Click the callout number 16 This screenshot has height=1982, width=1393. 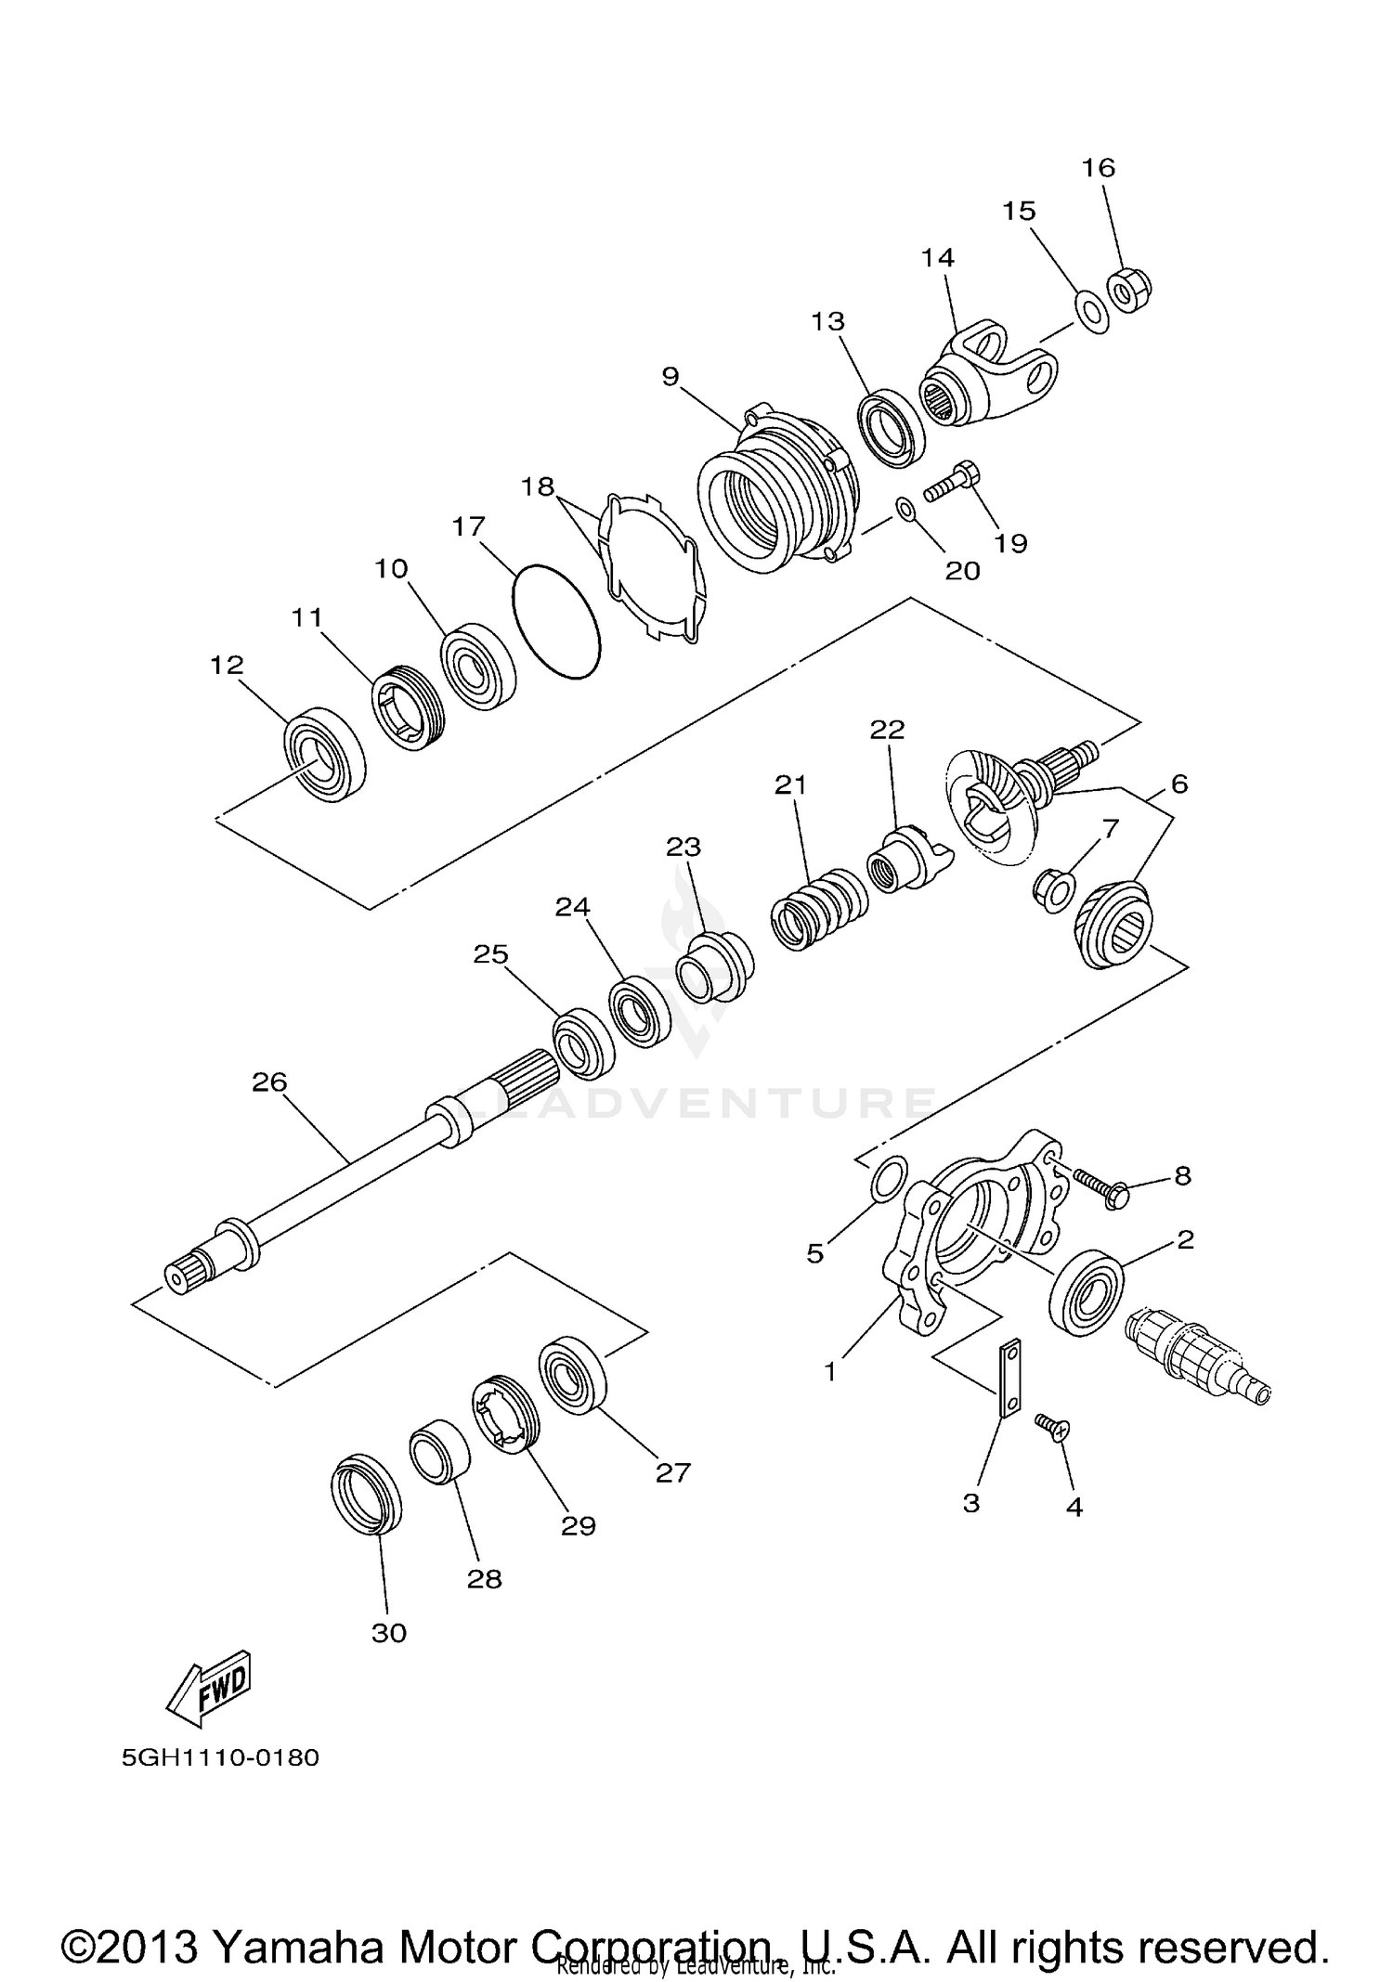point(1098,168)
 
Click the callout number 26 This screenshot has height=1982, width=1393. point(269,1082)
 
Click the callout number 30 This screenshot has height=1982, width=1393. point(388,1632)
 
